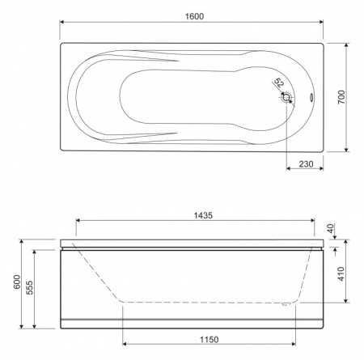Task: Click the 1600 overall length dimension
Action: [x=194, y=16]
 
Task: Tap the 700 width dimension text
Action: [x=341, y=97]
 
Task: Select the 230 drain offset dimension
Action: [x=306, y=164]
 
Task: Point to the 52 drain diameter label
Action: [x=279, y=83]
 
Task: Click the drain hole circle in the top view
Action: [x=286, y=97]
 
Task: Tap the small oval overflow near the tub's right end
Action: [x=311, y=97]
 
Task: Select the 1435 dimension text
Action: [x=203, y=215]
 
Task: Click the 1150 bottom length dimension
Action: [x=210, y=339]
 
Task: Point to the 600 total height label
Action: [x=17, y=282]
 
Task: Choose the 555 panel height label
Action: [x=30, y=287]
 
